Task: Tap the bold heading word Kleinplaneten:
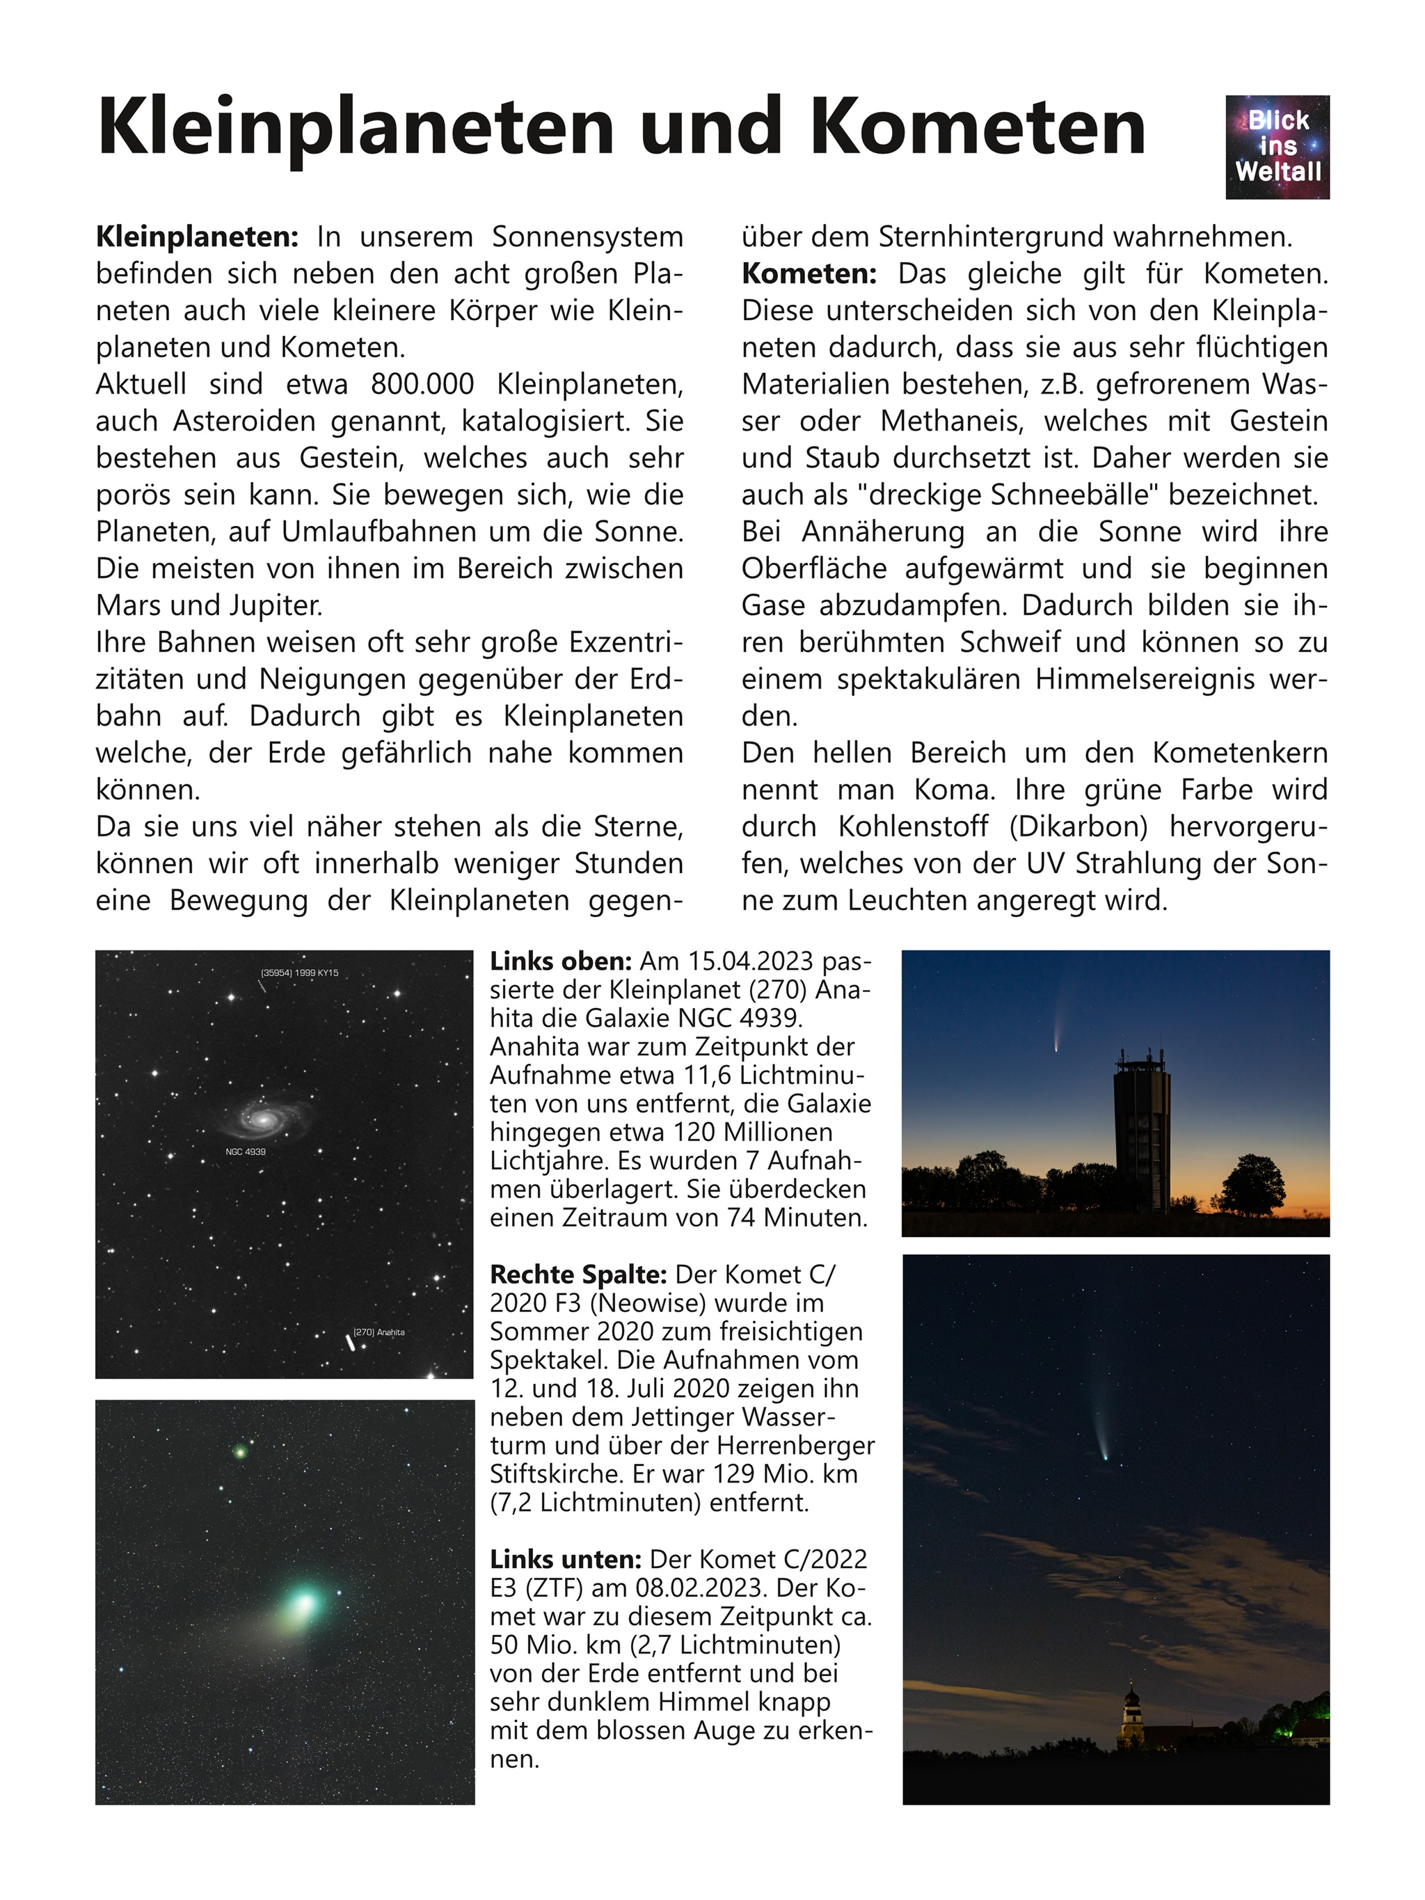(197, 237)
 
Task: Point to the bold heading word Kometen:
(809, 274)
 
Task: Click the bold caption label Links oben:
(560, 961)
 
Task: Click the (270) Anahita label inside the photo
(379, 1332)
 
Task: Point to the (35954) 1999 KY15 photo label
(299, 973)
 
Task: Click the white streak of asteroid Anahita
(349, 1341)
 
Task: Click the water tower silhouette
(1140, 1125)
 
